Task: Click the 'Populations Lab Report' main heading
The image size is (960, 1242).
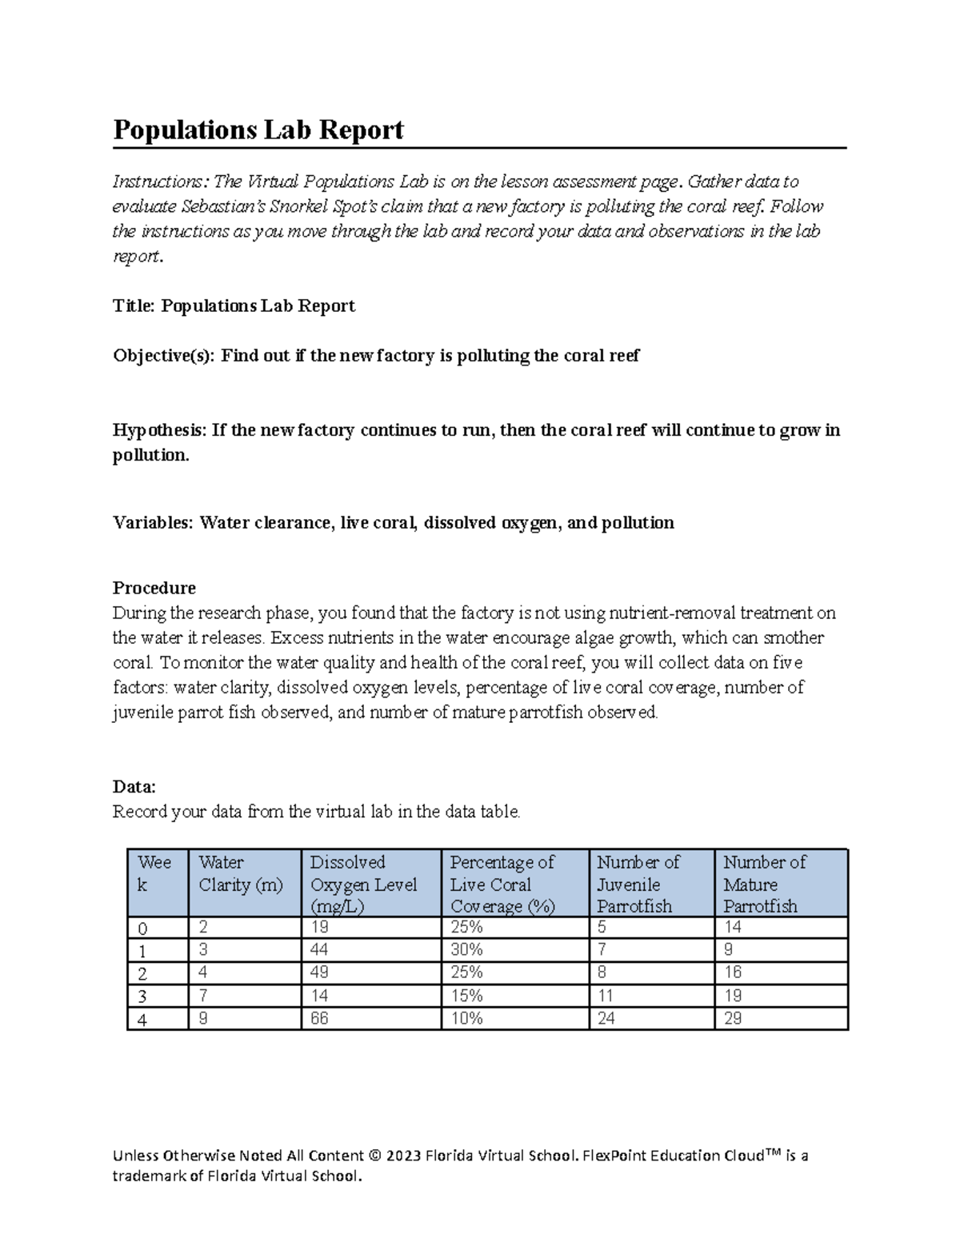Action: click(x=258, y=130)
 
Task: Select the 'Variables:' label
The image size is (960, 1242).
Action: click(x=153, y=523)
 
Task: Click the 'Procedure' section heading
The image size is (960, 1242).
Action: click(x=154, y=588)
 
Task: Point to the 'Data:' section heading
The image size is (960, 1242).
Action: click(x=134, y=787)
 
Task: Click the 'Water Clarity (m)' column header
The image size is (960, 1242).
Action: click(x=241, y=873)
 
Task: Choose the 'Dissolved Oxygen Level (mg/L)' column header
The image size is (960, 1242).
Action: click(x=364, y=884)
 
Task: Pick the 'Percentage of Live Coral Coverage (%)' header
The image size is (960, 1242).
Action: click(x=502, y=884)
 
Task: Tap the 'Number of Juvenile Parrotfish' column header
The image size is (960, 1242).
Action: click(x=638, y=884)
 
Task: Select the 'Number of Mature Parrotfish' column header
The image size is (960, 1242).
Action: click(x=765, y=884)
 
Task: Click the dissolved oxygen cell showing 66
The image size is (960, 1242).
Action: click(x=319, y=1019)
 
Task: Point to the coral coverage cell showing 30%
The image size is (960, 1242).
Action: click(x=466, y=950)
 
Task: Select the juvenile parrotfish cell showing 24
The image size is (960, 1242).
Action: click(x=606, y=1019)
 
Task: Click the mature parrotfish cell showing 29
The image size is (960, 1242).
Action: click(x=733, y=1019)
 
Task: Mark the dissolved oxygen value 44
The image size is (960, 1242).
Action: click(x=319, y=950)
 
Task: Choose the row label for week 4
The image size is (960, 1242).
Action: click(x=143, y=1020)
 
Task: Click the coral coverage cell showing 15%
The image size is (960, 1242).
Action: click(x=466, y=996)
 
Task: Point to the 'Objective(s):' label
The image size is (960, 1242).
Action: click(x=164, y=356)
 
